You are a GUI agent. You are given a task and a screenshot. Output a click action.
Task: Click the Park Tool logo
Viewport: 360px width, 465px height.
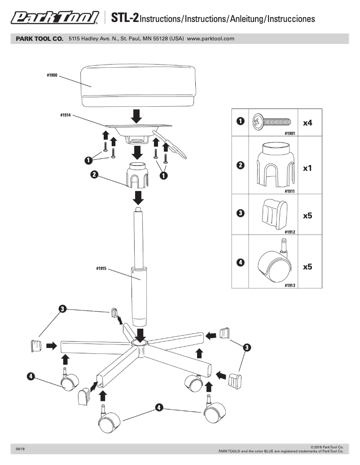point(55,17)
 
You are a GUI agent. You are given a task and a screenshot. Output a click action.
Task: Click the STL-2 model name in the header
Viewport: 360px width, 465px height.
point(122,18)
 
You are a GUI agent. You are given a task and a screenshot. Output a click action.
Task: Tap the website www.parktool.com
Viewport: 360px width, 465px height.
point(211,39)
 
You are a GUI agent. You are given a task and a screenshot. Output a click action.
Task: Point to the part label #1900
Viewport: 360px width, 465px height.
point(52,75)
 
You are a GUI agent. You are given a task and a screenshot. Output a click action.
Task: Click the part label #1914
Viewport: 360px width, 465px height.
point(66,115)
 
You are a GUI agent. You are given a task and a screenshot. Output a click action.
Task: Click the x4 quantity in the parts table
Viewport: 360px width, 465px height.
point(307,122)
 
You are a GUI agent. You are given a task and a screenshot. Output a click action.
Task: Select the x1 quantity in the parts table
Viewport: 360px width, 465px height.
point(307,169)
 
